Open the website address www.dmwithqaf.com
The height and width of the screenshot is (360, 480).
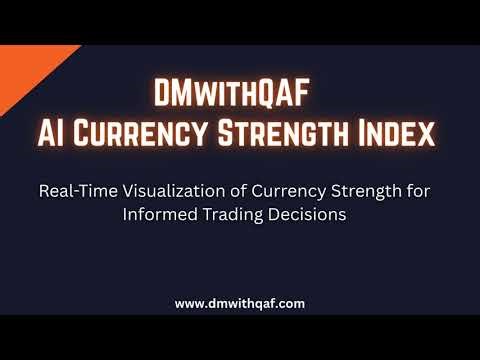point(240,302)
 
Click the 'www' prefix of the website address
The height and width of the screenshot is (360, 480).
point(190,302)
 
